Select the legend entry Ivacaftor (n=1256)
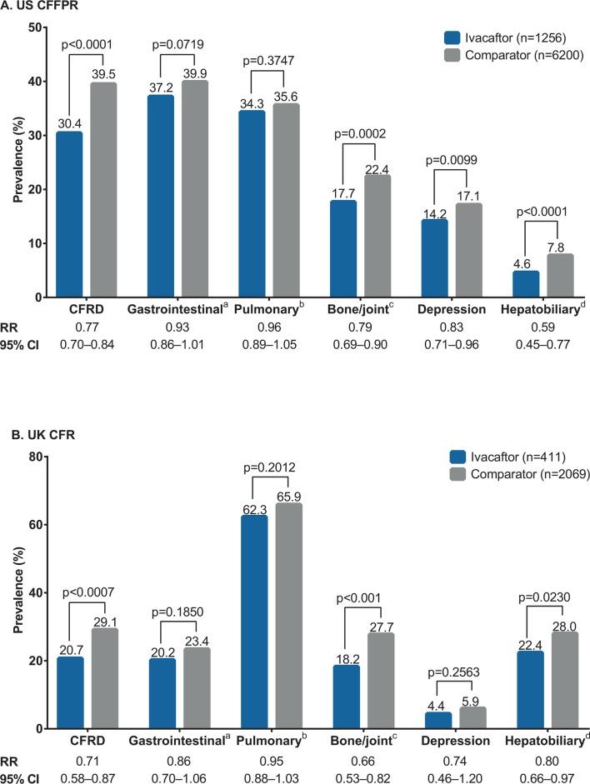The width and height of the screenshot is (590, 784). pyautogui.click(x=509, y=37)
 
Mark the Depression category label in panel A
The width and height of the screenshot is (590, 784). pyautogui.click(x=453, y=309)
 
